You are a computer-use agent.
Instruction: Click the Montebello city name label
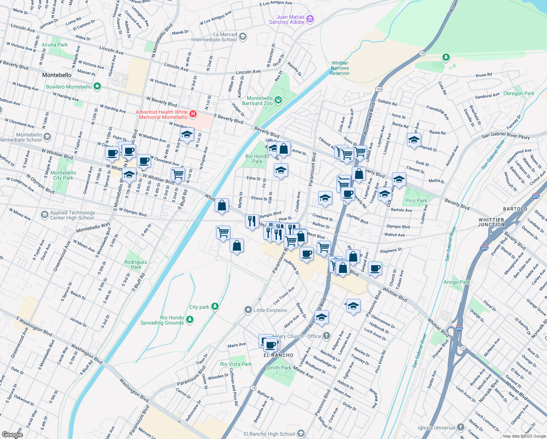[x=57, y=75]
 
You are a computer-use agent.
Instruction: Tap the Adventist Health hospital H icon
[x=193, y=115]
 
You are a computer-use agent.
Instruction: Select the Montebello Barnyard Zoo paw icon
[x=278, y=100]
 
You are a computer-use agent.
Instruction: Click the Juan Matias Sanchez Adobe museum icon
[x=310, y=19]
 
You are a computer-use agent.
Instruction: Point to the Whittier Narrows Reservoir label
[x=340, y=68]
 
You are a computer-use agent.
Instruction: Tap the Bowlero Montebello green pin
[x=97, y=87]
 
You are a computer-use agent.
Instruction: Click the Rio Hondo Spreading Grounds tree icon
[x=189, y=320]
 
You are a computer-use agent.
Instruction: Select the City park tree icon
[x=215, y=307]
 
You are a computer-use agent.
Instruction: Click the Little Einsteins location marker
[x=248, y=310]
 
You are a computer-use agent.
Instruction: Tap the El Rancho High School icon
[x=301, y=434]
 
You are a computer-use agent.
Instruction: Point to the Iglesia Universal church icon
[x=461, y=427]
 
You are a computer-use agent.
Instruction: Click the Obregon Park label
[x=519, y=94]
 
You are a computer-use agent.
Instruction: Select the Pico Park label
[x=416, y=200]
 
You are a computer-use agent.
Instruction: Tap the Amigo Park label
[x=457, y=282]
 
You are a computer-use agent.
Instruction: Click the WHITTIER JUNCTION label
[x=491, y=222]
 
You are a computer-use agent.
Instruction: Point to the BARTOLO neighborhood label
[x=515, y=209]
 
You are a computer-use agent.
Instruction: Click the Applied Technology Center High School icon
[x=44, y=215]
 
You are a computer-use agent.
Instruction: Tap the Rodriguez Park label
[x=136, y=264]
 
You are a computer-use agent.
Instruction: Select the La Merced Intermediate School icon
[x=243, y=37]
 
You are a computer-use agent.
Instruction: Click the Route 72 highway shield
[x=463, y=348]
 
